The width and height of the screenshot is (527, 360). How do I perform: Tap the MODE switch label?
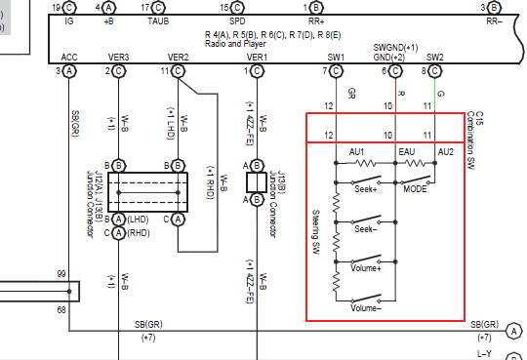point(417,188)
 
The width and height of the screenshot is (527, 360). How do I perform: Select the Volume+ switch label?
point(364,267)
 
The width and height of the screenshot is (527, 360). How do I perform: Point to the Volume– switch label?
point(364,308)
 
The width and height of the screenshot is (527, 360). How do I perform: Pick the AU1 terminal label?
point(356,152)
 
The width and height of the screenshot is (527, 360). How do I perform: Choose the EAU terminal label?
point(408,152)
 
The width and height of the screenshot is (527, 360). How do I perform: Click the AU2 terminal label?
point(446,152)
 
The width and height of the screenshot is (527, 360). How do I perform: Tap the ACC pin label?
point(69,59)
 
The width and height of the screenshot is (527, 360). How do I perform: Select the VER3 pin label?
point(119,59)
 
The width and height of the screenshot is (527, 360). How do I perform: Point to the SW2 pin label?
point(435,59)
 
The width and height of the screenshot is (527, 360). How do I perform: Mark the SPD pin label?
point(237,20)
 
